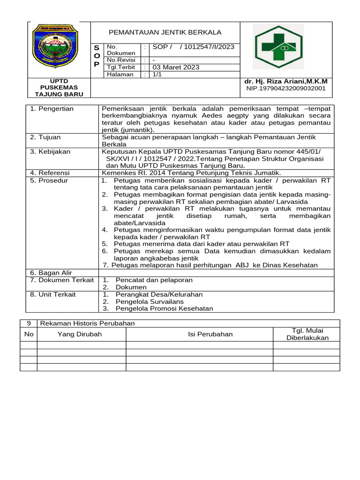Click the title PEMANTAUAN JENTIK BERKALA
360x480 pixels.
165,32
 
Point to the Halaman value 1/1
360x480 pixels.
157,74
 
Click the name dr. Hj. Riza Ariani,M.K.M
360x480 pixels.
286,81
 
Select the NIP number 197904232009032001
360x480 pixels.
286,88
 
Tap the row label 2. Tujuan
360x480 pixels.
45,137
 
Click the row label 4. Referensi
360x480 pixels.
50,173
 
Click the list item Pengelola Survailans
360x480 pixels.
150,301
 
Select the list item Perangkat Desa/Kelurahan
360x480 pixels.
159,294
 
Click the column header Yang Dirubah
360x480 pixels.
80,334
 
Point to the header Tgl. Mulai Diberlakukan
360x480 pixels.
307,334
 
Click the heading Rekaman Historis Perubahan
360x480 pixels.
88,323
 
